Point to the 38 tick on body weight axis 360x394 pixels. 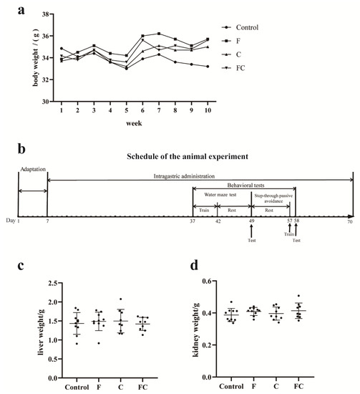pyautogui.click(x=45, y=14)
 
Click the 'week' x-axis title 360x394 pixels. pyautogui.click(x=135, y=122)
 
